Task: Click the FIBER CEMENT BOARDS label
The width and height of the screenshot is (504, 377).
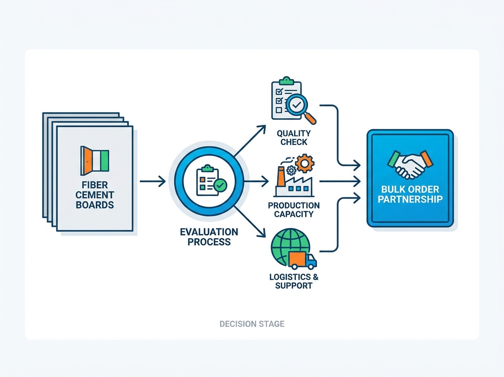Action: (x=94, y=195)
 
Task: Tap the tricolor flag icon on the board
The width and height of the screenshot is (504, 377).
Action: (x=94, y=161)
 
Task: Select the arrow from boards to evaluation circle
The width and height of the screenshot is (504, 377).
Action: (x=153, y=181)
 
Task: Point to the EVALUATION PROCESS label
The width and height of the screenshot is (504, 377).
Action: (x=209, y=237)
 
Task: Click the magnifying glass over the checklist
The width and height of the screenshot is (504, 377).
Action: (x=300, y=109)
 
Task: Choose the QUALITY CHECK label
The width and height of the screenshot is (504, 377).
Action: (x=294, y=138)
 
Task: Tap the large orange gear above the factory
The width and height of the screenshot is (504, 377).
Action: (x=304, y=164)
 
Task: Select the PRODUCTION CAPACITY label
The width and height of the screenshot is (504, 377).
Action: (x=294, y=210)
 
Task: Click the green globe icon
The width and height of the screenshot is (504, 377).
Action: (x=290, y=247)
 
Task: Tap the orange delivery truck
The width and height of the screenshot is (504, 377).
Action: (x=303, y=260)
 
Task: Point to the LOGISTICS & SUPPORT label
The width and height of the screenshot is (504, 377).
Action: (x=294, y=281)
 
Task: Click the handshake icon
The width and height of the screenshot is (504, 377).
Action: (x=410, y=165)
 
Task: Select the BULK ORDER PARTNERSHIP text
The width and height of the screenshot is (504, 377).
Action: (x=410, y=194)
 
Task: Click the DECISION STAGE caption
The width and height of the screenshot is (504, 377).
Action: (x=252, y=324)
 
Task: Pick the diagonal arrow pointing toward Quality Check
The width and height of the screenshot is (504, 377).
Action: (x=250, y=141)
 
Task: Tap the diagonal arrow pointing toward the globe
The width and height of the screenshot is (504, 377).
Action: (x=250, y=221)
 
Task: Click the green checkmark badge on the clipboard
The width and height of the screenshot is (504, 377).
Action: (x=220, y=186)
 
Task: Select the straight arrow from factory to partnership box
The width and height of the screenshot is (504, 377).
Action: (x=340, y=181)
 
